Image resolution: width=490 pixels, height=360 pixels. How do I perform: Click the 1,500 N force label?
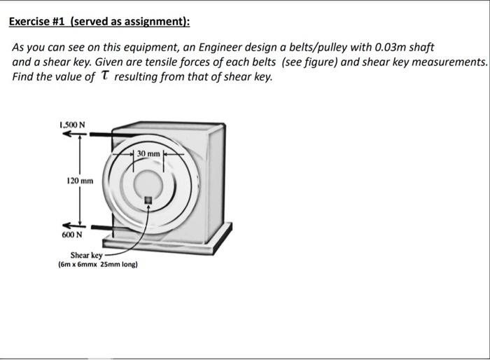click(x=72, y=125)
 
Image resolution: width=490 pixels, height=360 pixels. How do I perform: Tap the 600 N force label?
click(x=72, y=235)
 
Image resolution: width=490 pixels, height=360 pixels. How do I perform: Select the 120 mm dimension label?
click(x=80, y=181)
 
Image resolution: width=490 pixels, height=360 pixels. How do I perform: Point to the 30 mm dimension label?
click(x=148, y=153)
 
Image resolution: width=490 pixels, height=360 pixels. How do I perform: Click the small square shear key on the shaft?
click(x=148, y=200)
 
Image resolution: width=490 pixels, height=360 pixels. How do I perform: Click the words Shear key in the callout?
click(x=86, y=255)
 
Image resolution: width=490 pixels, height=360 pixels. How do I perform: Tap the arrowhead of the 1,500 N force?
click(x=66, y=134)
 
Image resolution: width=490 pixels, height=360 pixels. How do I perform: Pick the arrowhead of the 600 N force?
click(x=66, y=226)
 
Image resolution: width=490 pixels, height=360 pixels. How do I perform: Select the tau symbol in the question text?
click(x=105, y=76)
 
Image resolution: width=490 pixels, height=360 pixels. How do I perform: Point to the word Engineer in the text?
click(x=220, y=48)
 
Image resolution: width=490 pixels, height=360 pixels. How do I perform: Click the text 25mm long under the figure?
click(x=119, y=265)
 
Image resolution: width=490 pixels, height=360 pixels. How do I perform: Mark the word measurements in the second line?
click(x=449, y=62)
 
